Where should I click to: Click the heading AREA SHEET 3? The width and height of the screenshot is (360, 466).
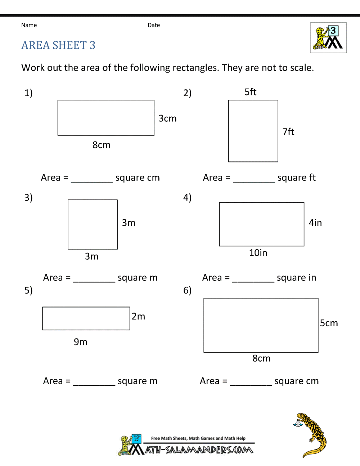click(x=58, y=45)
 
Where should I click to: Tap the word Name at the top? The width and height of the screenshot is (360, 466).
click(x=29, y=25)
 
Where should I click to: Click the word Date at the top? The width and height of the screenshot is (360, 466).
click(x=154, y=25)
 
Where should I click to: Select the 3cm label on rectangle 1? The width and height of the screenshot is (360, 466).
click(x=167, y=118)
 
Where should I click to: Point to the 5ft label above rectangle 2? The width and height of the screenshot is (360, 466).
click(x=250, y=92)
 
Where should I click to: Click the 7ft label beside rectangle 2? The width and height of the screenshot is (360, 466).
click(x=288, y=132)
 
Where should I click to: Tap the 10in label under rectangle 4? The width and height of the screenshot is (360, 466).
click(x=258, y=253)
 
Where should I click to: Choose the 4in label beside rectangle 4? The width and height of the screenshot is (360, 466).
click(x=315, y=223)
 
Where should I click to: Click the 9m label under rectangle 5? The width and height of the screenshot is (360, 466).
click(x=81, y=342)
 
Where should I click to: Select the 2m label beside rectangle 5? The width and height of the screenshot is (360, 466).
click(x=138, y=317)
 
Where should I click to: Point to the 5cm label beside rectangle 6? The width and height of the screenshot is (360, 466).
click(x=329, y=323)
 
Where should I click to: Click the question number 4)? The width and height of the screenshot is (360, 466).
click(x=187, y=198)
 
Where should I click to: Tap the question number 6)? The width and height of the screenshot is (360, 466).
click(x=187, y=290)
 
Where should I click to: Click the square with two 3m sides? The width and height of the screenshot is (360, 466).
click(x=93, y=224)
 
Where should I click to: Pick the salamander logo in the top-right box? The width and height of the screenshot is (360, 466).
click(x=328, y=38)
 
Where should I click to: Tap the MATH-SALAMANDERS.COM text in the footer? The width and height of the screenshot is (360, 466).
click(x=199, y=450)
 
